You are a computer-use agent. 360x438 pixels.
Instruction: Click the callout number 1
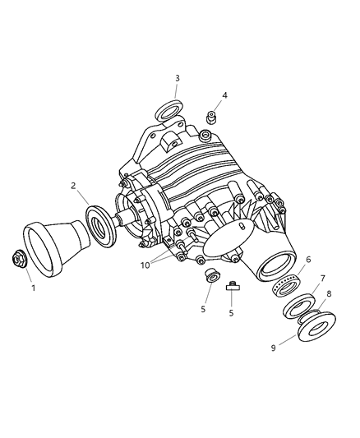tap(33, 288)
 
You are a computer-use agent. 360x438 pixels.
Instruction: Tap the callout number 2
tap(73, 186)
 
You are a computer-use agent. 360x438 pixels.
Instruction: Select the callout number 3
tap(176, 78)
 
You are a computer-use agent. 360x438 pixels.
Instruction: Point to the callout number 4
tap(224, 95)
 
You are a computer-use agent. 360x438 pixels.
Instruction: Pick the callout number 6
tap(308, 260)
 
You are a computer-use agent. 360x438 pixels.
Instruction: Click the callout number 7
tap(322, 279)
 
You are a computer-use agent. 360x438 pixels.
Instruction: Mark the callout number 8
tap(329, 293)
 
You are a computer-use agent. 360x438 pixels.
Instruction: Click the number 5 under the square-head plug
tap(232, 312)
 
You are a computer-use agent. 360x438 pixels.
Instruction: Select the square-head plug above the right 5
tap(232, 287)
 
